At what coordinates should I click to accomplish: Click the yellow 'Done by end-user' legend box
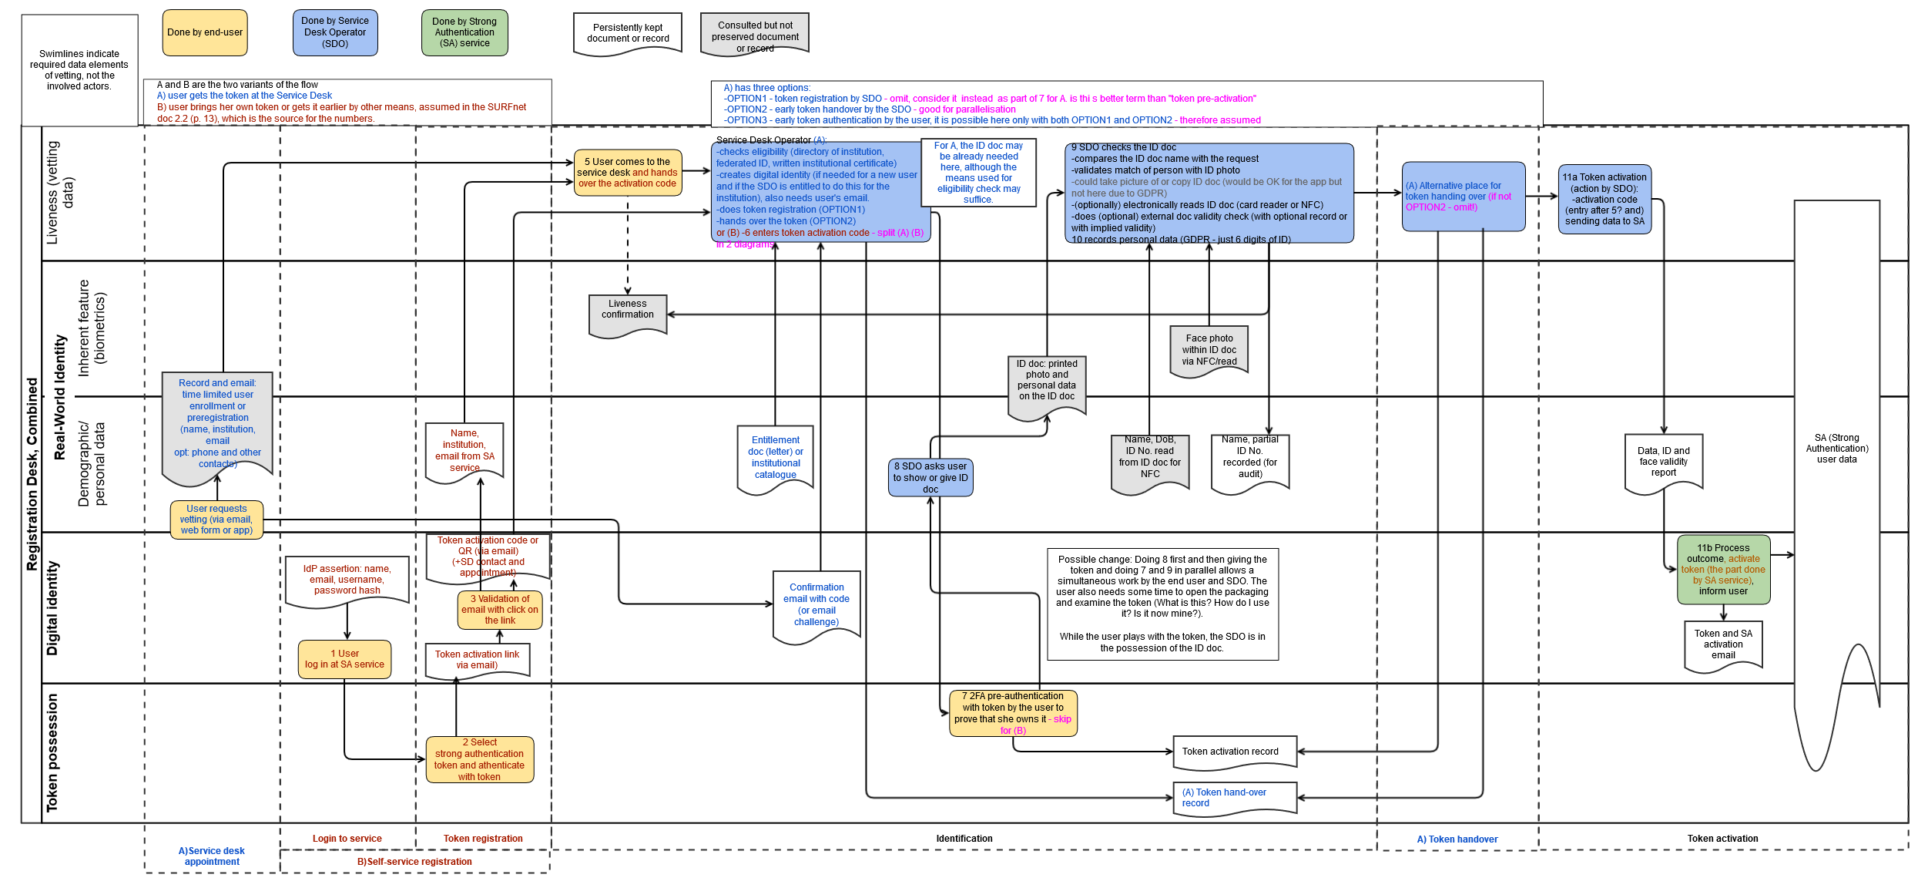pos(205,32)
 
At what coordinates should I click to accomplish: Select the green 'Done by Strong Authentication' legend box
pos(464,32)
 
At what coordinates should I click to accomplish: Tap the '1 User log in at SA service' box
pos(344,659)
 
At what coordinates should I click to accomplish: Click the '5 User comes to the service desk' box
pos(628,173)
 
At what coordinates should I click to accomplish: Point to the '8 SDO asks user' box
pos(930,478)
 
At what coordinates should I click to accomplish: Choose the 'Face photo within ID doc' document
pos(1209,350)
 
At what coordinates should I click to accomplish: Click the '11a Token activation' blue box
pos(1604,199)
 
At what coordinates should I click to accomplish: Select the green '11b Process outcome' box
pos(1723,570)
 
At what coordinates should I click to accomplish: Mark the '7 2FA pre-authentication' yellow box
pos(1013,713)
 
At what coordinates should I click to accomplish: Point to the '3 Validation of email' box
pos(500,610)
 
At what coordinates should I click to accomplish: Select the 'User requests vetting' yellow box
pos(216,520)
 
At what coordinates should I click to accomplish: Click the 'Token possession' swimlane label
pos(52,753)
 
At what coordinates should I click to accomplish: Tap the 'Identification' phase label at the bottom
pos(964,839)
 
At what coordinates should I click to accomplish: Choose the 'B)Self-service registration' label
pos(414,862)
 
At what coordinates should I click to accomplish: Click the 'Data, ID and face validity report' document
pos(1664,462)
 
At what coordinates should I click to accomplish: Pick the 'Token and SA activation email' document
pos(1723,644)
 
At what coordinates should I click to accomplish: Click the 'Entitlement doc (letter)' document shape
pos(776,458)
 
